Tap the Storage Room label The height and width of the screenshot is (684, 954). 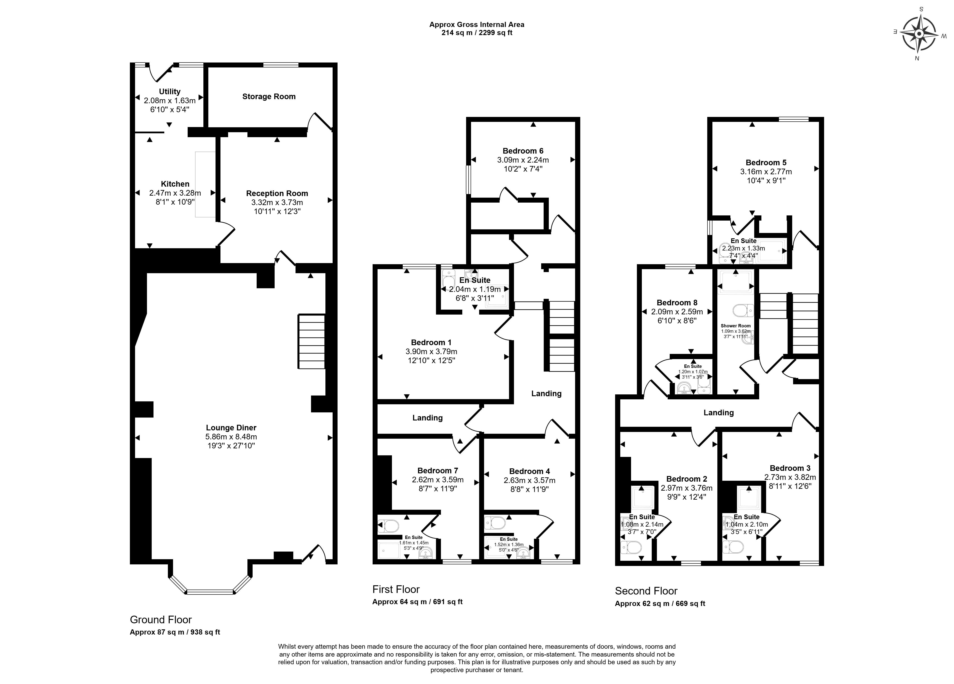pyautogui.click(x=269, y=96)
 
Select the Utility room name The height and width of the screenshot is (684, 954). pyautogui.click(x=169, y=91)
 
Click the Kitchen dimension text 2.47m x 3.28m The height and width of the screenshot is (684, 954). pyautogui.click(x=175, y=193)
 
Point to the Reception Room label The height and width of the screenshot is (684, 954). pyautogui.click(x=277, y=193)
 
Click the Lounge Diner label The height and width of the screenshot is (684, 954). pyautogui.click(x=231, y=428)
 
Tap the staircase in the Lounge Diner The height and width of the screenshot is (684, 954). pyautogui.click(x=312, y=341)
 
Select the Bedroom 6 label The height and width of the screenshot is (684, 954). pyautogui.click(x=523, y=151)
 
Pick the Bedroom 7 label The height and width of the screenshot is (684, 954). pyautogui.click(x=438, y=471)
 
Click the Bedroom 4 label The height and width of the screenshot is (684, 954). pyautogui.click(x=529, y=471)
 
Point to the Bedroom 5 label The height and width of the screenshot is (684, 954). pyautogui.click(x=766, y=163)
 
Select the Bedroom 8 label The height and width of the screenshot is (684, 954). pyautogui.click(x=677, y=303)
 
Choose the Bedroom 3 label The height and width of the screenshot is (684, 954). pyautogui.click(x=790, y=468)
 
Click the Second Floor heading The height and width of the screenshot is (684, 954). pyautogui.click(x=646, y=591)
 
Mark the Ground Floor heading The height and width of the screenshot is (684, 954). pyautogui.click(x=161, y=620)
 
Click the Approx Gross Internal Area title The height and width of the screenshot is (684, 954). pyautogui.click(x=477, y=25)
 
